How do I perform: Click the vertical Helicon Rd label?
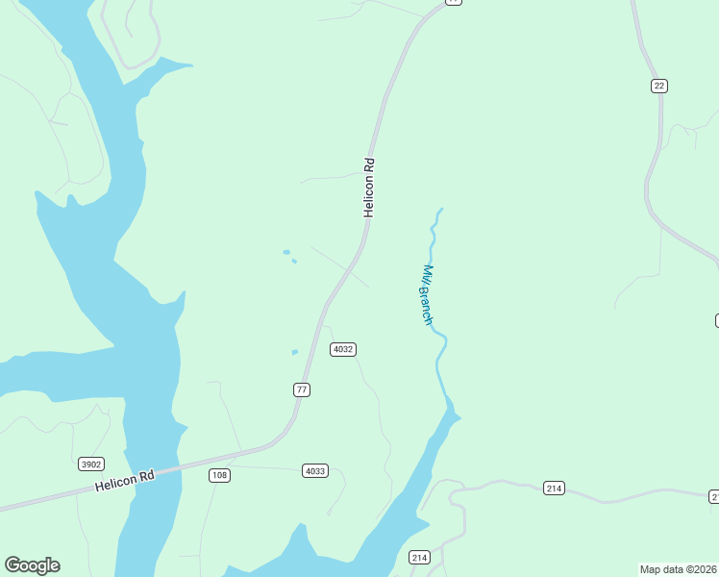[368, 188]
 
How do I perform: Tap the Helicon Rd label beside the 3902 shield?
[124, 482]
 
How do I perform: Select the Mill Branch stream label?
[428, 294]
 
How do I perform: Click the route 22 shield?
[658, 86]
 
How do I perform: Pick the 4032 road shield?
[343, 349]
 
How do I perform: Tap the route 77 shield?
[302, 389]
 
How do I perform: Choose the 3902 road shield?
[91, 464]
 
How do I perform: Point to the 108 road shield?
[219, 475]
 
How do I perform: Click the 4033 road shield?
[315, 470]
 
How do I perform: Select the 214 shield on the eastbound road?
[553, 488]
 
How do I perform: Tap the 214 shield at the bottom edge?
[419, 557]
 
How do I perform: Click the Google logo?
[32, 565]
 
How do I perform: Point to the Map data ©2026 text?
[679, 569]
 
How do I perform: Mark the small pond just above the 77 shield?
[294, 352]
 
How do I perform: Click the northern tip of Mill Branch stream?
[440, 209]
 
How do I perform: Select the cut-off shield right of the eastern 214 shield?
[714, 496]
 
